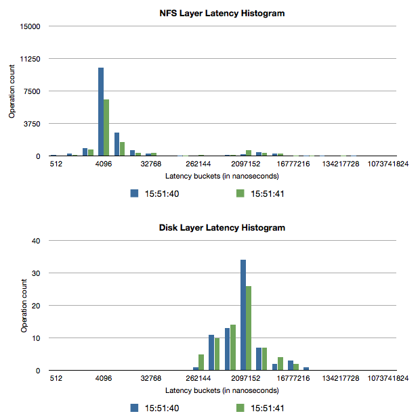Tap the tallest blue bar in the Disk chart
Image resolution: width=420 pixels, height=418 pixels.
pos(243,315)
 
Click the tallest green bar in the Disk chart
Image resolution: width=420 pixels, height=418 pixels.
pos(249,328)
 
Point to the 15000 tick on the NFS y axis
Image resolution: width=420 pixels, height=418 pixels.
pos(32,26)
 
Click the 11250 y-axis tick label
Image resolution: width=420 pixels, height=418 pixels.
pos(32,59)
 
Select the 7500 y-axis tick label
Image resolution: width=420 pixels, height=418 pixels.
pos(34,91)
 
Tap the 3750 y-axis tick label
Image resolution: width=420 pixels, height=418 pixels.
pos(34,124)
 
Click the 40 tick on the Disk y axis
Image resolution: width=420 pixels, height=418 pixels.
pos(38,240)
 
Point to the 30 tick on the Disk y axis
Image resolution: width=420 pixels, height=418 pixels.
pos(38,273)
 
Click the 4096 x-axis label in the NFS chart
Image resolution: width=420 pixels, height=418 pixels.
pos(104,164)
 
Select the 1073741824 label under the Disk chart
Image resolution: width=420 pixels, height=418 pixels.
pos(387,378)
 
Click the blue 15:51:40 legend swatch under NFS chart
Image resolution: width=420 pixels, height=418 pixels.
pos(134,193)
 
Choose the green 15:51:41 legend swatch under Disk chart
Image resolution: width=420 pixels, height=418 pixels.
pos(239,408)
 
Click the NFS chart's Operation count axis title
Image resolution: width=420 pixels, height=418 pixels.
pos(12,91)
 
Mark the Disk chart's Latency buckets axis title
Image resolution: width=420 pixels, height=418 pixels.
pos(222,391)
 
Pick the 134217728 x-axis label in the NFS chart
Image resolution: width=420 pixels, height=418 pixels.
pos(340,164)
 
